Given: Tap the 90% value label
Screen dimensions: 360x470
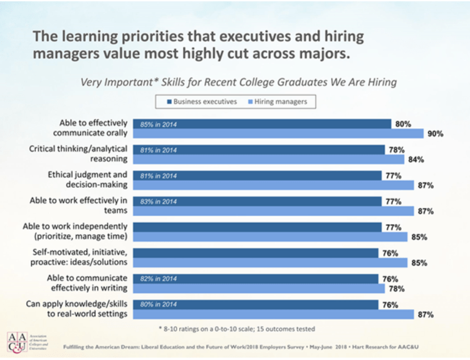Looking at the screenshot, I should (435, 133).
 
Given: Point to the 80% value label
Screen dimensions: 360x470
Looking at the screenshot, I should (403, 124).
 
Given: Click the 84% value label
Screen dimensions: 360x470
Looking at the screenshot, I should (416, 159).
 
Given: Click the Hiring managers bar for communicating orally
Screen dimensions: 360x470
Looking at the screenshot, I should (278, 133).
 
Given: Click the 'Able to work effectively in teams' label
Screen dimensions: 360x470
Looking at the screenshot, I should (78, 205).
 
